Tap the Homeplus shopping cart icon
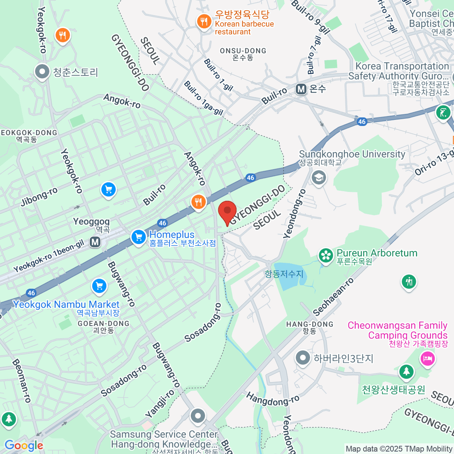(x=138, y=237)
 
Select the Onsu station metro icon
(x=301, y=89)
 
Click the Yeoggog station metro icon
(x=95, y=241)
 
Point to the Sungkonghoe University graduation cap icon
(x=319, y=177)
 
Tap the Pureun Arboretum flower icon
(x=325, y=256)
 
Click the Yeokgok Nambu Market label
(x=66, y=305)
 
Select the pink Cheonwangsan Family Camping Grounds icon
(x=428, y=358)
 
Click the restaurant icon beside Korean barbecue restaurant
(x=204, y=21)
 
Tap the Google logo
(x=24, y=445)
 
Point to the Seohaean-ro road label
(x=333, y=297)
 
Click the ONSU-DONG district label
(x=243, y=51)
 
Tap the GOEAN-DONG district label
(x=103, y=324)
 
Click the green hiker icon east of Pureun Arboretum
(x=409, y=282)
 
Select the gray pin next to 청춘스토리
(x=42, y=72)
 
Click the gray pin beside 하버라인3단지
(x=303, y=358)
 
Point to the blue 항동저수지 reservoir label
(x=284, y=274)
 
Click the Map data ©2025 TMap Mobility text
(x=399, y=449)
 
